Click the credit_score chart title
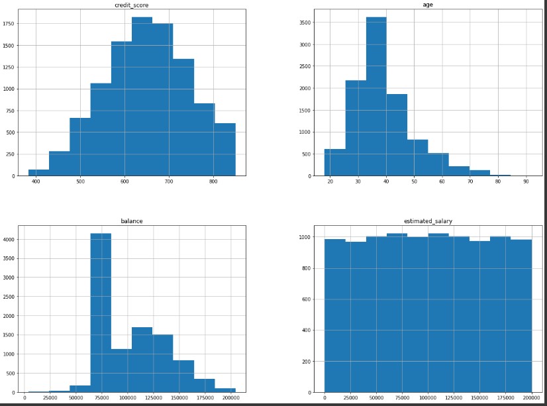pyautogui.click(x=132, y=5)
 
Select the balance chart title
pyautogui.click(x=132, y=221)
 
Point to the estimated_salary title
pyautogui.click(x=428, y=221)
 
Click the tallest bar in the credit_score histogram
pyautogui.click(x=142, y=96)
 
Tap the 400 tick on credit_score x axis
pyautogui.click(x=36, y=182)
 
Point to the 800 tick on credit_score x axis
pyautogui.click(x=213, y=182)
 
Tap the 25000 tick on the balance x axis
pyautogui.click(x=50, y=397)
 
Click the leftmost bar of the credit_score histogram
pyautogui.click(x=38, y=173)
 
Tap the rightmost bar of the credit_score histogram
pyautogui.click(x=225, y=150)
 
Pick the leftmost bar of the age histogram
pyautogui.click(x=334, y=162)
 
